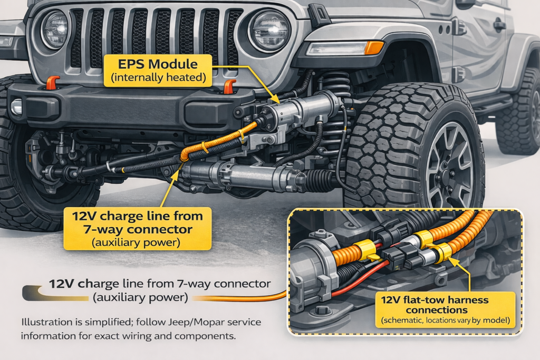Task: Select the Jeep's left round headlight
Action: [54, 28]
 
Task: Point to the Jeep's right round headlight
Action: [269, 30]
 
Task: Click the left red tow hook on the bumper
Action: [51, 83]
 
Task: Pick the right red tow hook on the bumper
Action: [229, 86]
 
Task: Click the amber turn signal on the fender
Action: [373, 47]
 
